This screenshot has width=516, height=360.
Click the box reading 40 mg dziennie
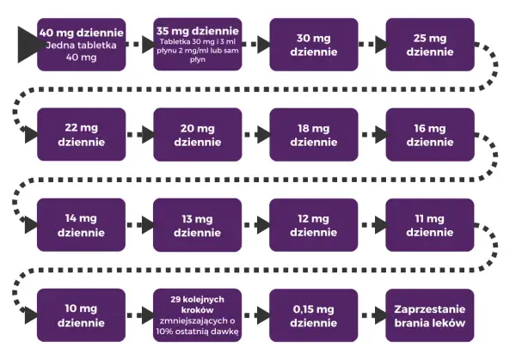coord(82,45)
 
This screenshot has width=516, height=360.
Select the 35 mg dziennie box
coord(198,45)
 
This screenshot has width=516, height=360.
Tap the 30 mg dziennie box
coord(314,45)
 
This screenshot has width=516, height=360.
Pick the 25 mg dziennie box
coord(430,45)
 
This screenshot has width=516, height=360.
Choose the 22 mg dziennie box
coord(82,135)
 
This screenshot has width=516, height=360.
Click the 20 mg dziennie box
coord(198,135)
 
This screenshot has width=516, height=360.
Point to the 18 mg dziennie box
coord(314,135)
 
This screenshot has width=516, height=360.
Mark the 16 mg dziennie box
coord(430,135)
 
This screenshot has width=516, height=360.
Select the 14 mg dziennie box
coord(81,225)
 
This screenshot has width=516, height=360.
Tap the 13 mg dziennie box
coord(198,225)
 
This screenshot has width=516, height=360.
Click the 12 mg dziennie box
coord(314,225)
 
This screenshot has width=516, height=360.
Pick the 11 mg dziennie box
coord(430,225)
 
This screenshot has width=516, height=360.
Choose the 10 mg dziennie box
coord(81,315)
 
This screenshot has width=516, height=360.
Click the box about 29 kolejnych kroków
coord(198,315)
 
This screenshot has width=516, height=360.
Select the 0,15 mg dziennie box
coord(314,315)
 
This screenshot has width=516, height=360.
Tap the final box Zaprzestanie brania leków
coord(430,315)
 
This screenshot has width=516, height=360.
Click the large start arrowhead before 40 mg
coord(28,45)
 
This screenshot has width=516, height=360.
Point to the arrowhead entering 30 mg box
coord(264,45)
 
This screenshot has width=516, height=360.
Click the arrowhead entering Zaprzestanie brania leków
coord(380,315)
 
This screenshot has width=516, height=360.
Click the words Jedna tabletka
coord(82,45)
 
